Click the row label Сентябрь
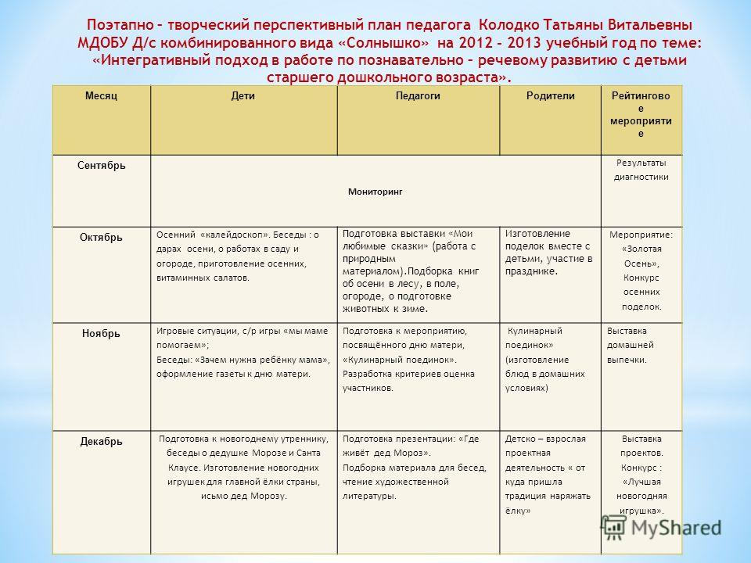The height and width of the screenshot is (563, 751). [x=101, y=167]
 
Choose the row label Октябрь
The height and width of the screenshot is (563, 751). [x=99, y=236]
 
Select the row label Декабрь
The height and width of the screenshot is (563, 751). [x=101, y=442]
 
